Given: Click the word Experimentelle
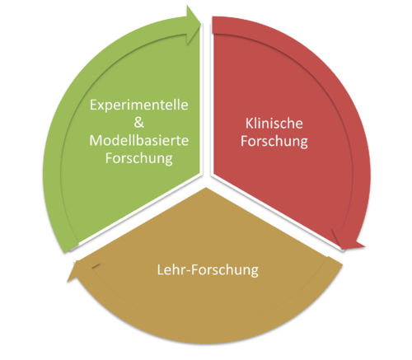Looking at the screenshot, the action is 139,105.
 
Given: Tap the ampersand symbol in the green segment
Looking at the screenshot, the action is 139,122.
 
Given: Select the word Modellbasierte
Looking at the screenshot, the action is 139,140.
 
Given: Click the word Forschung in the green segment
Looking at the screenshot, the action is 139,158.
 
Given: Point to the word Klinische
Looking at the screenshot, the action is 274,124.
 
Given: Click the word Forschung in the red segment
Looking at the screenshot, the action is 274,141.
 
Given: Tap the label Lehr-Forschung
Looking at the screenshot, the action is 208,270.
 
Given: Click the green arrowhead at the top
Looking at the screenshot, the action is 194,25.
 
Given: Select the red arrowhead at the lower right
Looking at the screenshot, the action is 347,241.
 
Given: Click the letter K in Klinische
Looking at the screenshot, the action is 249,124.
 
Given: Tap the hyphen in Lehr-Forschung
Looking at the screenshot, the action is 189,271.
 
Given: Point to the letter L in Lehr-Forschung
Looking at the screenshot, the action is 161,270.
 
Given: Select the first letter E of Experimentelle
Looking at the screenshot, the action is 93,105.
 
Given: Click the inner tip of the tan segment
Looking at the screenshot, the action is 206,188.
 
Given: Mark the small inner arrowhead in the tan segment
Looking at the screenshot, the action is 96,265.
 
